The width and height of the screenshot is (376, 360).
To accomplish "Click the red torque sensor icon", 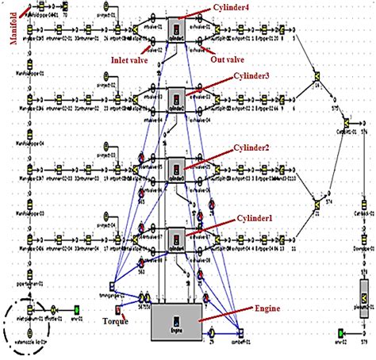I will [117, 309].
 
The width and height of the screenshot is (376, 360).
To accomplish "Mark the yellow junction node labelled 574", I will [326, 195].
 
